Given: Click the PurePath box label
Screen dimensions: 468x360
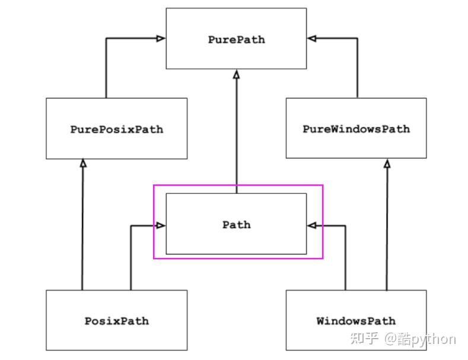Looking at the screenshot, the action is (237, 40).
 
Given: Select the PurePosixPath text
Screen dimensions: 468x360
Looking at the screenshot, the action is (117, 129).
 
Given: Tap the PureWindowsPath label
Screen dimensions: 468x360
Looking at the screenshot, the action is (356, 129).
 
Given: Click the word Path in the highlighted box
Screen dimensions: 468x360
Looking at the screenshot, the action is (237, 225).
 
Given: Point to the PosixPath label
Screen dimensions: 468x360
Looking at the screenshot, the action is (117, 321).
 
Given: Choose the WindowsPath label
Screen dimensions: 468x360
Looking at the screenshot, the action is (356, 321).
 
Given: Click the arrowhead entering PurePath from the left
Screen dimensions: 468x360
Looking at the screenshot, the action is (161, 38).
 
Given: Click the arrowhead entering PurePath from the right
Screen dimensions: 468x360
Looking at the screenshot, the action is (312, 38).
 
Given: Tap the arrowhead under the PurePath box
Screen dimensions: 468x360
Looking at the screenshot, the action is (237, 74).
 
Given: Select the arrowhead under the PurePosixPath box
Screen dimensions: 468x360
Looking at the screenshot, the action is (83, 163).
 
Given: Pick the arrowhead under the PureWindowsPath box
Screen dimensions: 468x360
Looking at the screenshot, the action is (387, 163).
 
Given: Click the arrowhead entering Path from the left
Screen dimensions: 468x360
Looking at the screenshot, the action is (161, 225).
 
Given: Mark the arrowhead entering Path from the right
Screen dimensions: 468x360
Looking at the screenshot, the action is (312, 225).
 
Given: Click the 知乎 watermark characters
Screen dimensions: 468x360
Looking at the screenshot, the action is (364, 339).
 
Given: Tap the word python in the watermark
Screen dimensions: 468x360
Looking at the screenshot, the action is (433, 340).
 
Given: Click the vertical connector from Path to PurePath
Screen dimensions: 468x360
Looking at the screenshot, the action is (237, 132).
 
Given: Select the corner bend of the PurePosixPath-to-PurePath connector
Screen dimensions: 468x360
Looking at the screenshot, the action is (106, 38).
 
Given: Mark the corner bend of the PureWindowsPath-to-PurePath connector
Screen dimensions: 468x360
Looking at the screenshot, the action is (357, 38).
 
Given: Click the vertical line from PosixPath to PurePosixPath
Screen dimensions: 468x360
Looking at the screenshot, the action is (82, 224).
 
